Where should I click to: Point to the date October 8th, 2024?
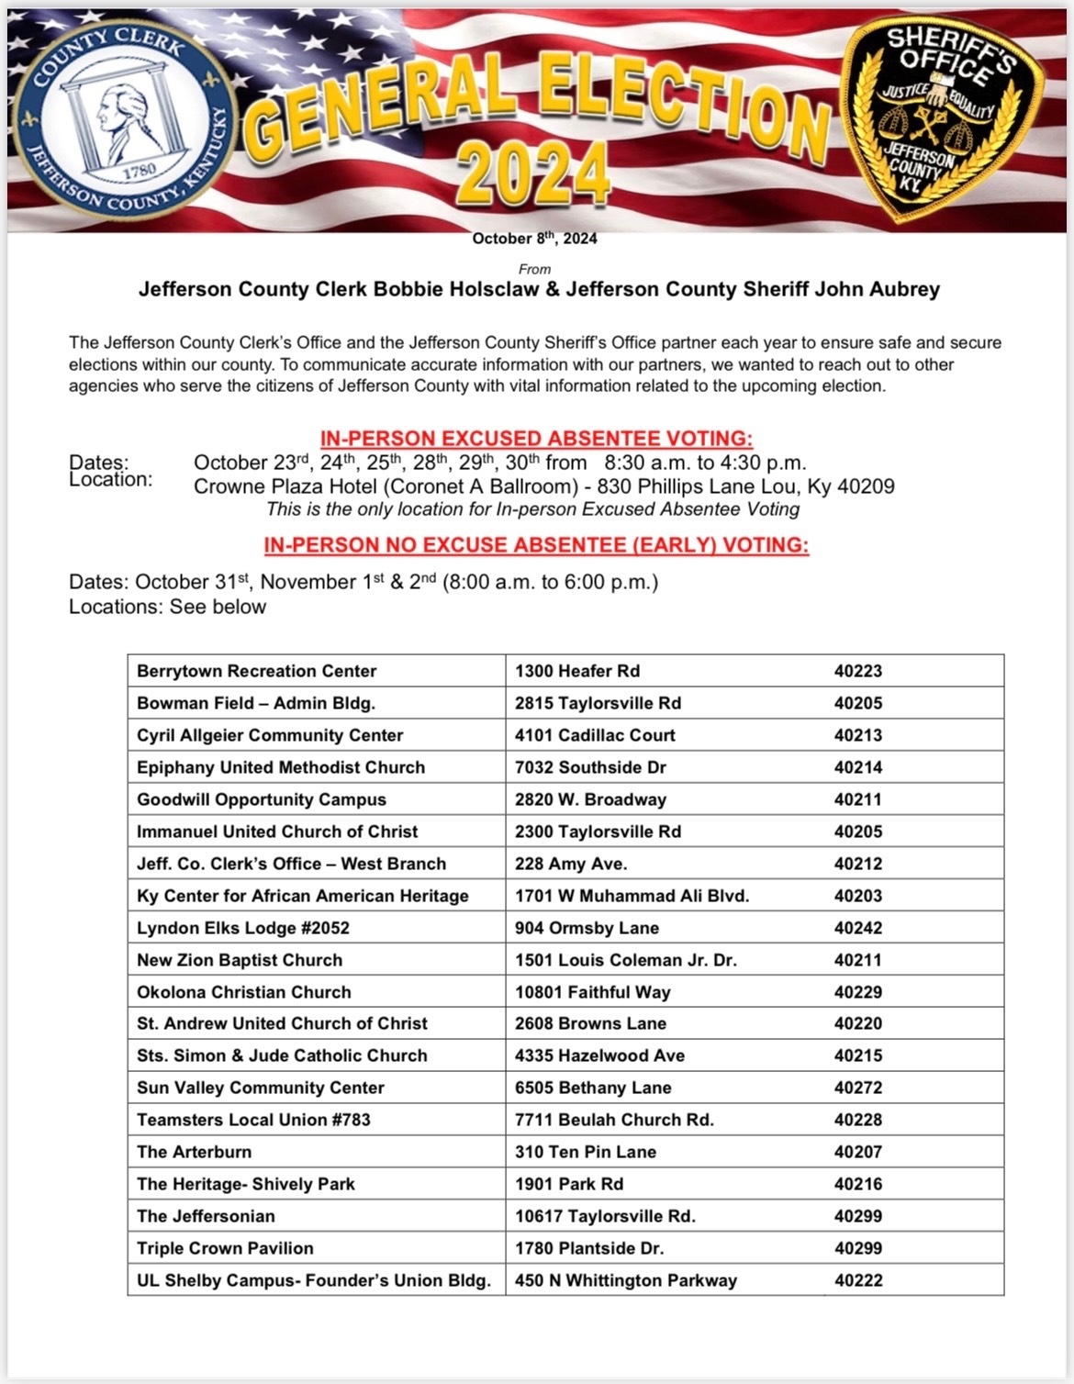tap(534, 239)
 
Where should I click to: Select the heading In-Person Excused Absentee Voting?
tap(536, 439)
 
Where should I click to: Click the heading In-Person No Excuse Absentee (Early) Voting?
tap(536, 545)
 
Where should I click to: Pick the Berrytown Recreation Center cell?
tap(256, 671)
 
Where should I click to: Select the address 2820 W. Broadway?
tap(590, 799)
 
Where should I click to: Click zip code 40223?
tap(857, 671)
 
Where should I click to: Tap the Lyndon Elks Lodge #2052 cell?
tap(243, 928)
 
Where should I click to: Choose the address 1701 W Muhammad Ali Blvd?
tap(632, 896)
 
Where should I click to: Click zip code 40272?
tap(857, 1088)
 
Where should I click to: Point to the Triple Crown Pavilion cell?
tap(225, 1248)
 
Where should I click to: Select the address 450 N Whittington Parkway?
tap(625, 1280)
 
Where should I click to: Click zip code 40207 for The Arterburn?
tap(857, 1152)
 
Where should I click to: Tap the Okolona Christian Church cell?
tap(243, 992)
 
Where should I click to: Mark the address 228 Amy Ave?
tap(570, 864)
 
